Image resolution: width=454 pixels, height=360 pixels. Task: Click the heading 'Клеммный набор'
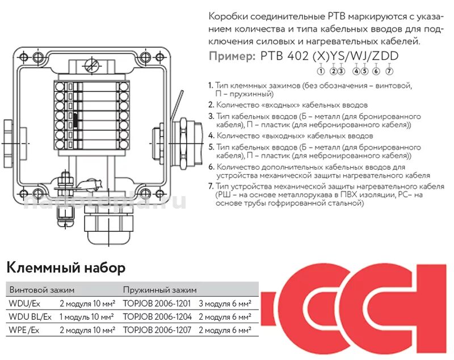coord(65,267)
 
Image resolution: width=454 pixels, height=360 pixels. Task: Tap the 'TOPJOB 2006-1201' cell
coord(157,303)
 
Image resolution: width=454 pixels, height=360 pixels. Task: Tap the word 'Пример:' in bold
coord(232,56)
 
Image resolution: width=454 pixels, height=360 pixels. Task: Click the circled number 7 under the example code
coord(389,71)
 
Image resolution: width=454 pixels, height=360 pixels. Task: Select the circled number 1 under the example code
coord(321,71)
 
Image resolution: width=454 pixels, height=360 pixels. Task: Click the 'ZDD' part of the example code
coord(385,56)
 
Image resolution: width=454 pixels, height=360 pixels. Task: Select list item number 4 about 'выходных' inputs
coord(291,136)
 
